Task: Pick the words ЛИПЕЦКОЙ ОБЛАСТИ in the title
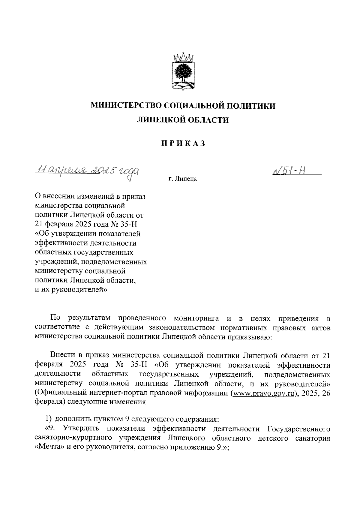coord(183,120)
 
